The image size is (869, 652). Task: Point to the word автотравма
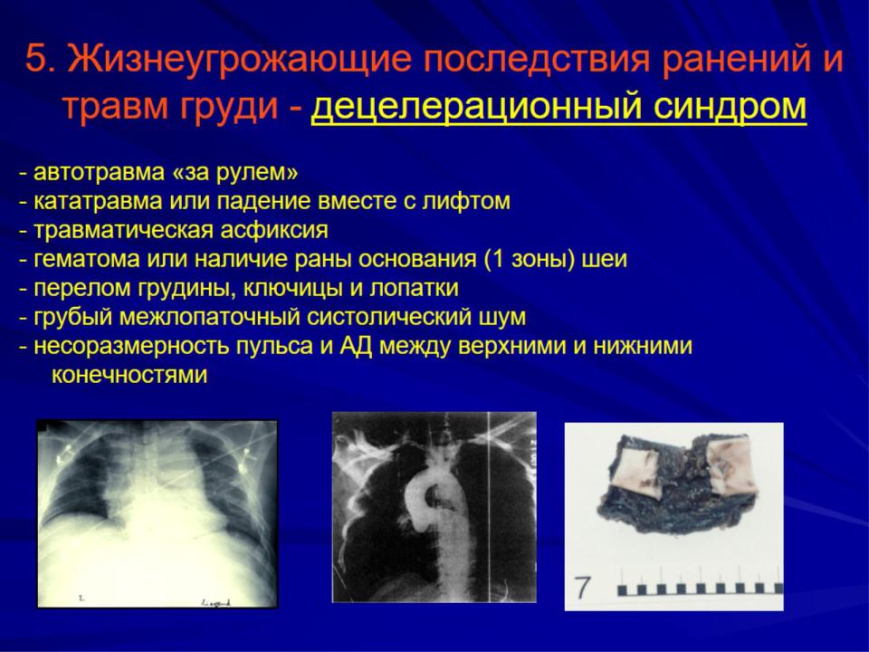100,172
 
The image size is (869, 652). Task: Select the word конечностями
129,375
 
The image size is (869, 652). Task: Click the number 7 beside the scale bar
582,588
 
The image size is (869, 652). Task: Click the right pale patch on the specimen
731,465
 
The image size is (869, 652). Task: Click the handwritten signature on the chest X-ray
215,602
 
